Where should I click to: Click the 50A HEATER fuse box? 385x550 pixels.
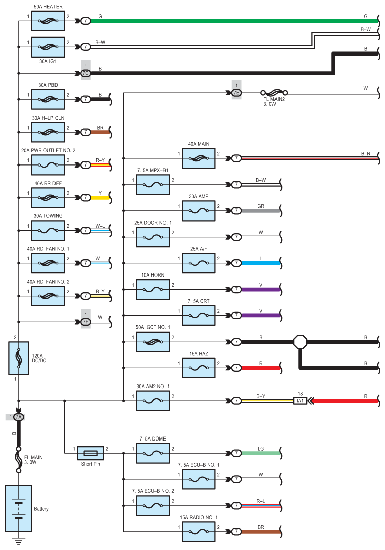(x=48, y=21)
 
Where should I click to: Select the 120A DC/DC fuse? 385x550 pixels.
(x=18, y=358)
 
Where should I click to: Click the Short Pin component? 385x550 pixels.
(x=90, y=453)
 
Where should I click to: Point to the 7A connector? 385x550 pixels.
(x=19, y=417)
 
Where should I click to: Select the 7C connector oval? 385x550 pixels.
(x=86, y=73)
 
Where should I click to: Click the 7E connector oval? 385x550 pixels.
(x=236, y=93)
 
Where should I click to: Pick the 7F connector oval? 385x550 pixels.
(x=86, y=321)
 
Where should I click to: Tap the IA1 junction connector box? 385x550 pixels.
(x=300, y=401)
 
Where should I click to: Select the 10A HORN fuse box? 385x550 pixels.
(x=153, y=289)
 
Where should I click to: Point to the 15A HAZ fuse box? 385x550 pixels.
(x=198, y=368)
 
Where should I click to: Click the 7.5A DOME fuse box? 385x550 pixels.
(x=153, y=453)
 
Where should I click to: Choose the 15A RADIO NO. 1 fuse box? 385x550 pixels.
(x=198, y=531)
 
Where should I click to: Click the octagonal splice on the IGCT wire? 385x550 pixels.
(x=300, y=342)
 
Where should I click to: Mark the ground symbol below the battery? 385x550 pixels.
(x=18, y=542)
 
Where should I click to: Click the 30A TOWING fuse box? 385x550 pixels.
(x=48, y=230)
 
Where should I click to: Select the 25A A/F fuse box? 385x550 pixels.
(x=198, y=263)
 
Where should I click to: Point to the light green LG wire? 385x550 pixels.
(x=260, y=453)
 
